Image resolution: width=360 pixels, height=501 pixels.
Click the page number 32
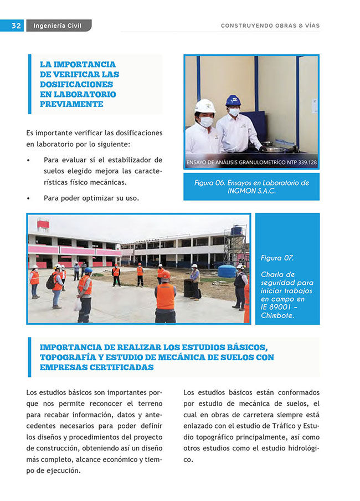tap(16, 25)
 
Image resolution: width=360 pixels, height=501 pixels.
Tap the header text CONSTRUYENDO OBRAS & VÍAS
tap(270, 25)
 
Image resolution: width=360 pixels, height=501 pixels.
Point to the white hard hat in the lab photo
tap(204, 105)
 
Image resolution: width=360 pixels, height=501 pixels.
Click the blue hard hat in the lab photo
tap(233, 100)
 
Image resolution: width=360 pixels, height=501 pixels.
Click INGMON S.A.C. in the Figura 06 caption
tap(251, 191)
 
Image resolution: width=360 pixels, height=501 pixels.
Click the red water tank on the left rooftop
tap(43, 224)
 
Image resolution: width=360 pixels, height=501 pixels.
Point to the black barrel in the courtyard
tap(189, 287)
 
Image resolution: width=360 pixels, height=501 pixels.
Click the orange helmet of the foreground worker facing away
tap(165, 275)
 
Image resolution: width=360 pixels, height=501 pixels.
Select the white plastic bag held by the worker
tap(77, 304)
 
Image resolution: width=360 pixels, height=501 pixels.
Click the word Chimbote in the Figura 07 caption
tap(277, 315)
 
